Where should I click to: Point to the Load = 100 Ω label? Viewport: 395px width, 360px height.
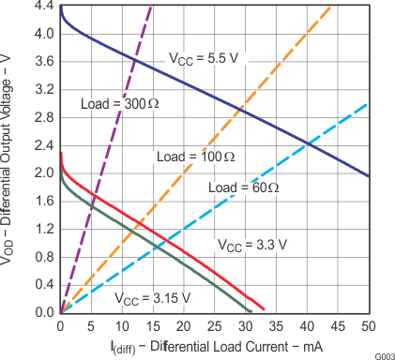click(x=192, y=157)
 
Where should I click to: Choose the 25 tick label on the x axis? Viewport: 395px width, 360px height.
click(x=215, y=325)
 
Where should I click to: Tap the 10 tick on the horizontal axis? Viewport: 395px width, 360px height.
click(x=122, y=325)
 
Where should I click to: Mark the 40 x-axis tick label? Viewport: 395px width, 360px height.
click(x=307, y=325)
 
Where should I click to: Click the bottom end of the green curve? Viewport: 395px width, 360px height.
click(x=251, y=311)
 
